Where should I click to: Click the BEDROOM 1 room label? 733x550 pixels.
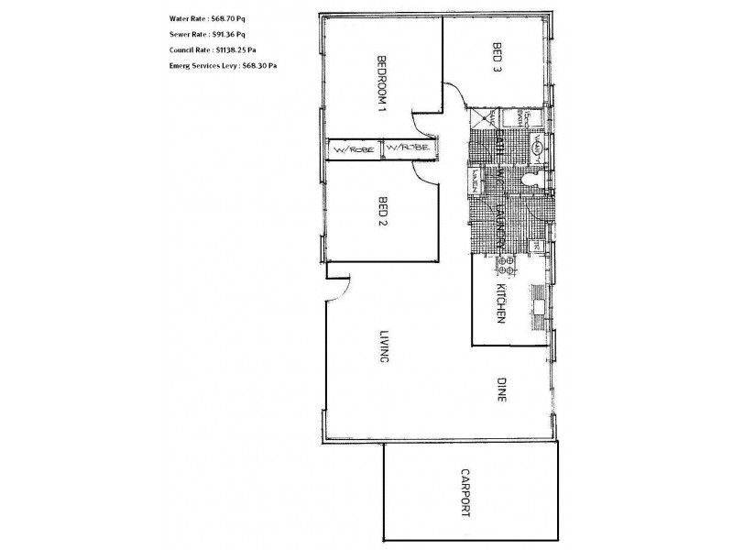(381, 83)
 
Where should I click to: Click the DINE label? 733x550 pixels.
(501, 392)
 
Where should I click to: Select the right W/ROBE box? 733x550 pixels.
(404, 149)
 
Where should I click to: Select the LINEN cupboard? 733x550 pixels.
(476, 176)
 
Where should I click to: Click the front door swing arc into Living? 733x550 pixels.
(335, 289)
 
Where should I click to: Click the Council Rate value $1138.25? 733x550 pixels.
(231, 50)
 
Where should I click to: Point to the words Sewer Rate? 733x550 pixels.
(188, 35)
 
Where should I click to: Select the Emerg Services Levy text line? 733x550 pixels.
(224, 66)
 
